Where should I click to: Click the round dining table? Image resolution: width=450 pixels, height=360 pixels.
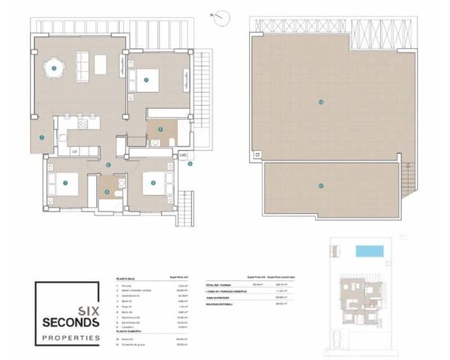58,70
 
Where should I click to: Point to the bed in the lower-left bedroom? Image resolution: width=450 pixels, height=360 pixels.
62,181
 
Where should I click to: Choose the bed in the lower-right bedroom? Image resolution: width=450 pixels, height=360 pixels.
153,181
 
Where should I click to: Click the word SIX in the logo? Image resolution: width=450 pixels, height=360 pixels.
88,289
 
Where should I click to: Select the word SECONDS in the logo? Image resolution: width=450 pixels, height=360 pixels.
70,302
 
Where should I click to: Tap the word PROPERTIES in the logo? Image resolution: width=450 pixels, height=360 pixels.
70,317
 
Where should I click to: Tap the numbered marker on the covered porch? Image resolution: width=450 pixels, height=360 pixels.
42,136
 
